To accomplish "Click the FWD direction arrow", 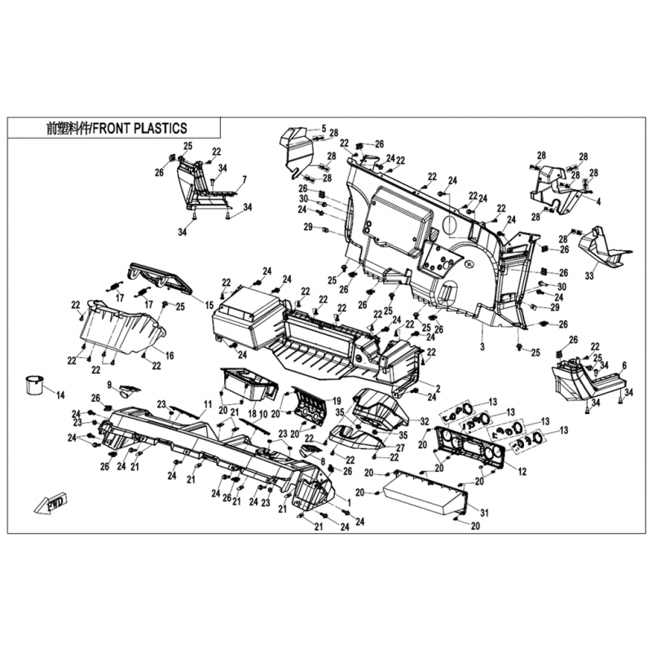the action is point(51,503).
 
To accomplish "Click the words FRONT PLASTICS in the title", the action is point(139,129).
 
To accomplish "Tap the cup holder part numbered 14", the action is point(34,385).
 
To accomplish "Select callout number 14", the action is point(60,395).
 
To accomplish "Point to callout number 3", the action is point(482,347).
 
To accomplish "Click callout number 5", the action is point(324,129).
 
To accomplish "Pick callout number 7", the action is point(244,180).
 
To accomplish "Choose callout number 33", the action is point(589,275).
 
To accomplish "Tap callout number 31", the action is point(484,513).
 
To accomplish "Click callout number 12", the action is point(522,472).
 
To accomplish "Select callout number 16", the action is point(170,355).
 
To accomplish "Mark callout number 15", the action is point(209,306).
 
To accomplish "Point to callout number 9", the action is point(110,385).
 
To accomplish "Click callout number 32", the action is point(424,421).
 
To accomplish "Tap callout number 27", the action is point(400,448).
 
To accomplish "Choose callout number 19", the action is point(337,401).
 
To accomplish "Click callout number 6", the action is point(624,365).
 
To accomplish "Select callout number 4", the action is point(598,202).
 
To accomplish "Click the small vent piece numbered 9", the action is point(130,390).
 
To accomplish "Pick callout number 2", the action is point(438,389).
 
